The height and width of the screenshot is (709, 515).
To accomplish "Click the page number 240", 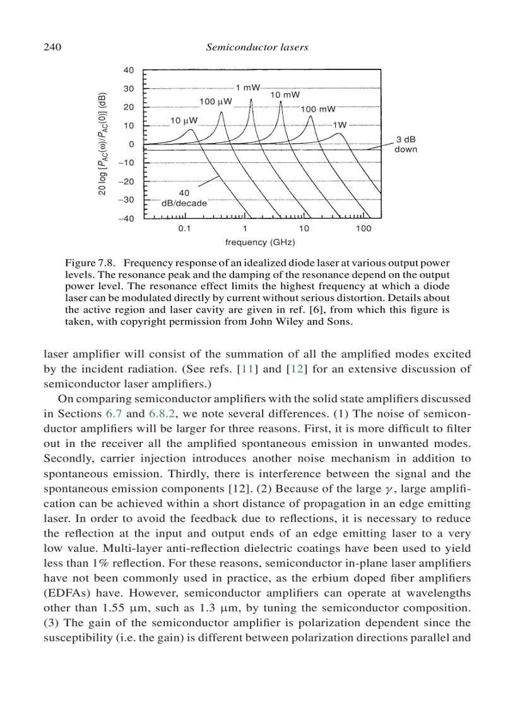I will (50, 47).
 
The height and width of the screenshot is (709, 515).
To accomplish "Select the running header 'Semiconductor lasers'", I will (257, 47).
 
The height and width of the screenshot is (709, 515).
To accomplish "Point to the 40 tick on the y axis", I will (128, 70).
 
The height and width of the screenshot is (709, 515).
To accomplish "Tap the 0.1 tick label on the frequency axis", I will (184, 229).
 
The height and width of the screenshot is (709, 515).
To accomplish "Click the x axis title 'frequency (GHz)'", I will (260, 242).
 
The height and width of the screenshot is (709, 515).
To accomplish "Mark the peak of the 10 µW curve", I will (192, 129).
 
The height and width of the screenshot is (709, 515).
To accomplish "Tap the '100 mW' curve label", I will (318, 109).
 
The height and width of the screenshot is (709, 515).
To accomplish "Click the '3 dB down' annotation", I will (406, 145).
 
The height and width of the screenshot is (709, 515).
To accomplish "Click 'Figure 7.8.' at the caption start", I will (89, 262).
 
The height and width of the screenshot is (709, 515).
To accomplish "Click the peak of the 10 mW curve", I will (280, 102).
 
